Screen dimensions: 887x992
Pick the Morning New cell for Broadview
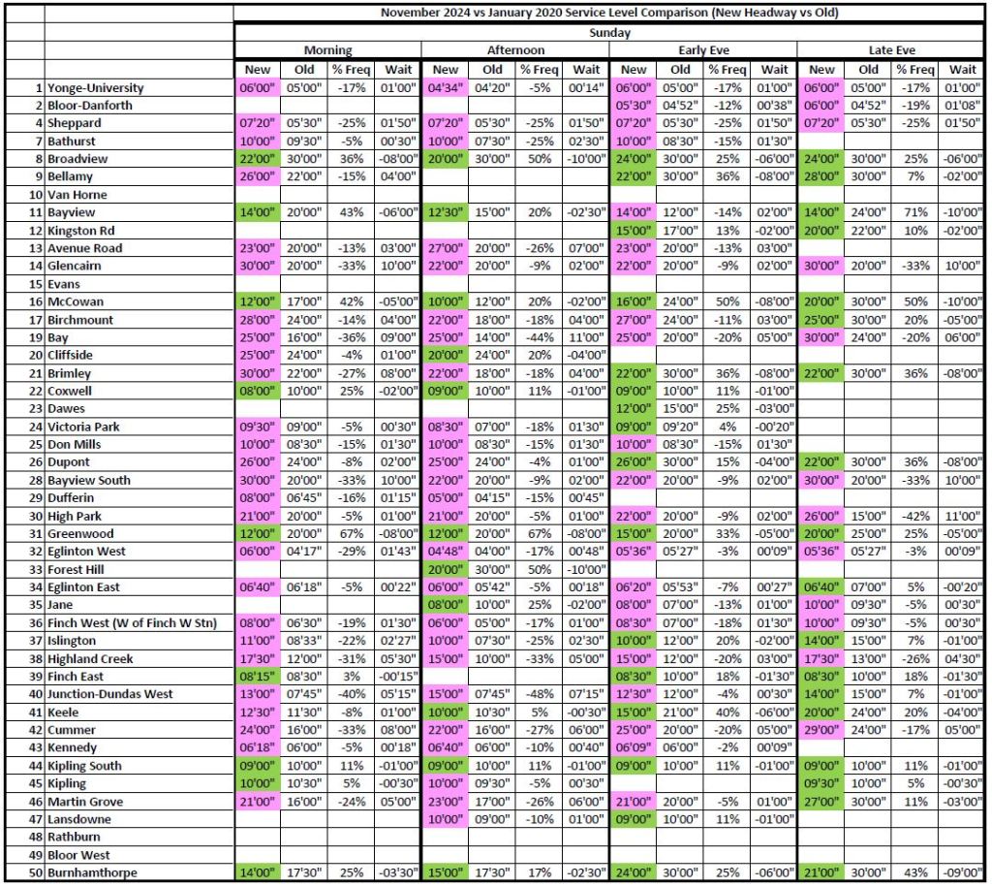pos(257,158)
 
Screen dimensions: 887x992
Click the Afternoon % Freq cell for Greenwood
pos(539,533)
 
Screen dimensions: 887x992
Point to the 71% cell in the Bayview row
pos(914,211)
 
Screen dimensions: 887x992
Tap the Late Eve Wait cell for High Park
pos(962,516)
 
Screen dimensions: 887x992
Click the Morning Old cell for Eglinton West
pos(303,551)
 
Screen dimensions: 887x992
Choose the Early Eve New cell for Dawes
pos(633,408)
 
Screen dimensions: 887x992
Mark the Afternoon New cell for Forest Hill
pos(445,569)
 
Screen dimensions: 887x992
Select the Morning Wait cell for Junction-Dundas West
pos(397,694)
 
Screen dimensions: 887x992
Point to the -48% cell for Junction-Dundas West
pos(539,694)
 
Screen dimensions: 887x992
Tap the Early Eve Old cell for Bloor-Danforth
pos(680,105)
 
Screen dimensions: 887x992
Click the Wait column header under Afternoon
pos(585,69)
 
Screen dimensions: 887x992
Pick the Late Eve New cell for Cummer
pos(821,730)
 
